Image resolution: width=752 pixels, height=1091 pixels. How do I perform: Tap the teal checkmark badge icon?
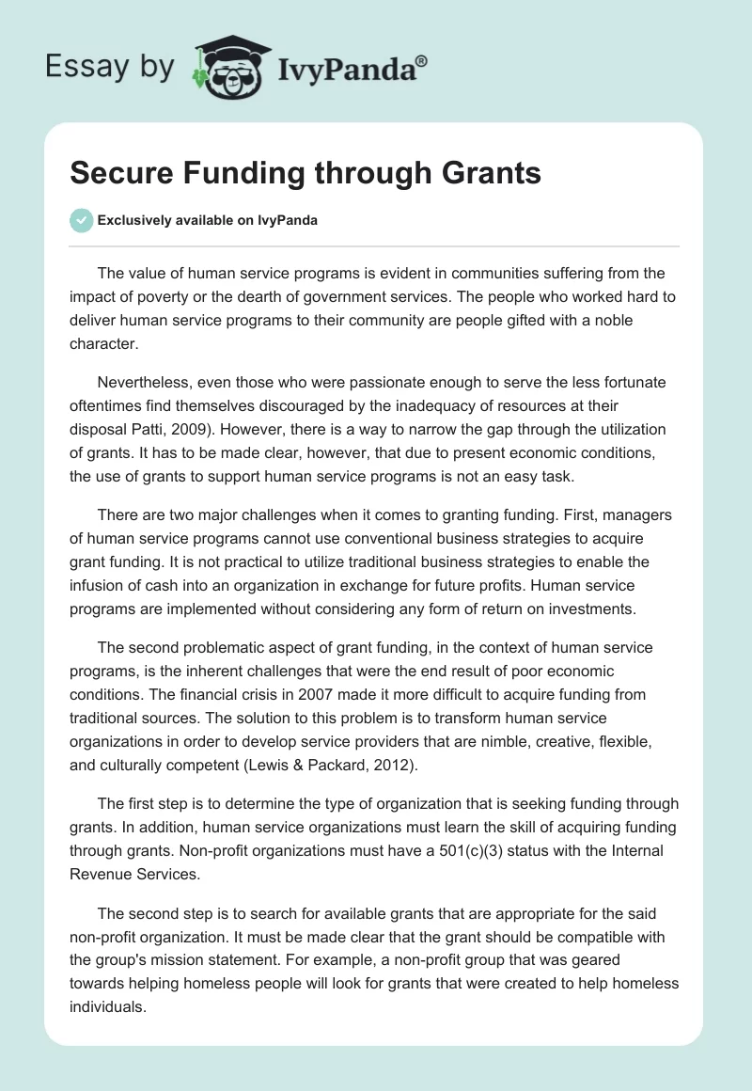pos(81,220)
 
